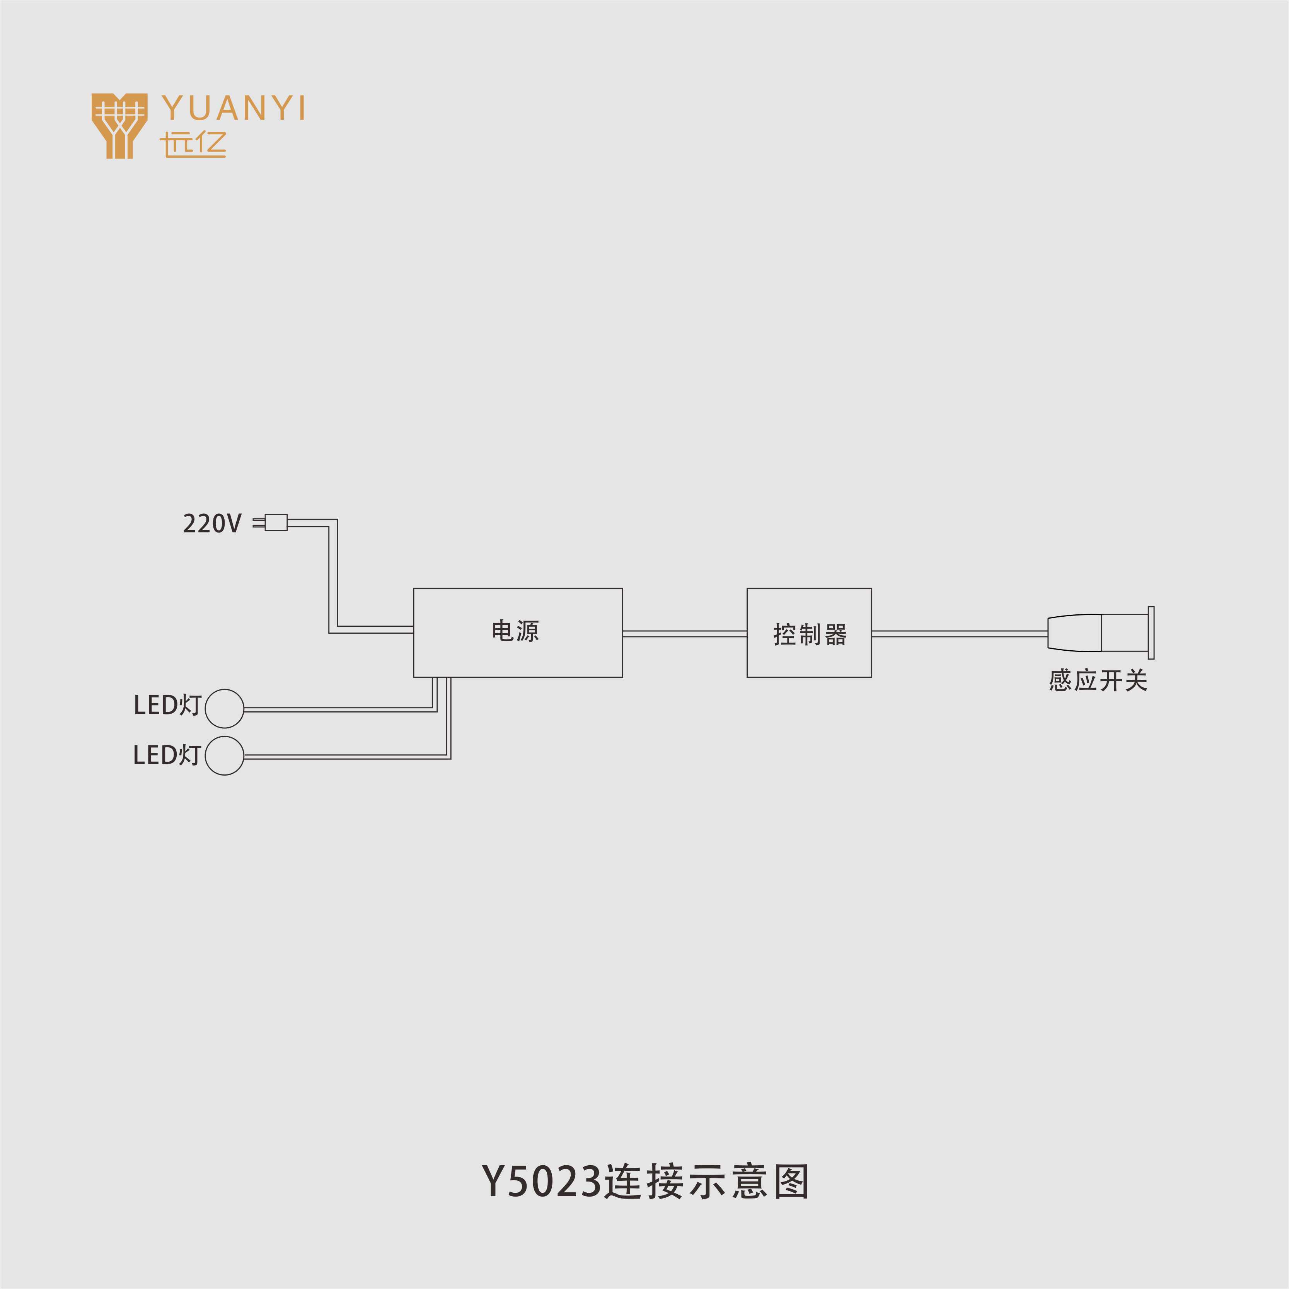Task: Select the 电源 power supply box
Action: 518,633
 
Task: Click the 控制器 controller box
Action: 809,633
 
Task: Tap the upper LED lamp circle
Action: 224,709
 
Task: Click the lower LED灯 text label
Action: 167,755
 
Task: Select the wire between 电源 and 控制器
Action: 685,634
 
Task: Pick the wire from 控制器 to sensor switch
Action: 960,634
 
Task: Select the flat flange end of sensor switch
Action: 1151,633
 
